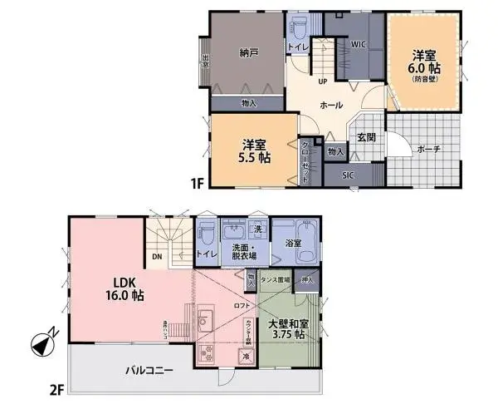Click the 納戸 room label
point(248,53)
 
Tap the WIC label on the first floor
point(359,43)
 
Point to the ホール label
point(331,105)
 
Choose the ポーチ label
point(428,149)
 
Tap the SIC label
point(348,175)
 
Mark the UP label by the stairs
point(322,81)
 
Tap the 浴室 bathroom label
point(294,244)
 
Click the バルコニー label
point(149,370)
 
